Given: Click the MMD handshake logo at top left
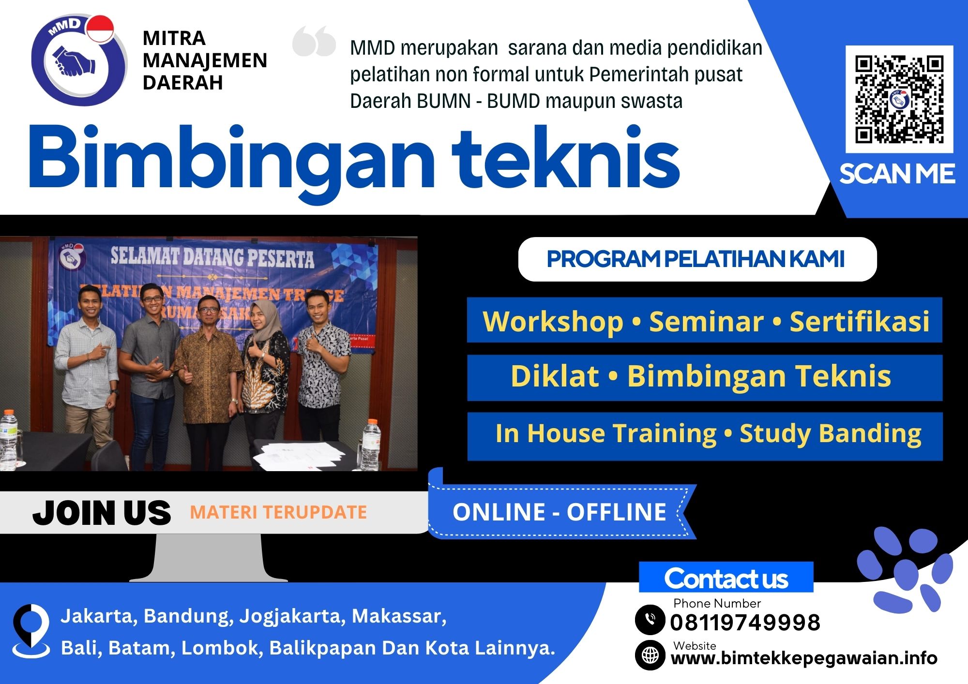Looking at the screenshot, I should [77, 60].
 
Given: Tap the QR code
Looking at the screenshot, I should [899, 99].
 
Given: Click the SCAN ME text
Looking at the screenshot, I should [897, 174].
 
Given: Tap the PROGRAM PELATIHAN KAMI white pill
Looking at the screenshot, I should [696, 259].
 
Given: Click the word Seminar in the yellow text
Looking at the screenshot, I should [706, 321].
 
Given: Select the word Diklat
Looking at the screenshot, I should [555, 376].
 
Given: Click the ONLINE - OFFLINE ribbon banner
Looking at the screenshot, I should [559, 512].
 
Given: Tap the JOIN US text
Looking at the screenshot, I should [102, 513].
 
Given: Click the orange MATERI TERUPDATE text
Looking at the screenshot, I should [278, 512].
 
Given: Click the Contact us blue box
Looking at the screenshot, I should [726, 578].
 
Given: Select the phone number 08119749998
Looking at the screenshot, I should [745, 622].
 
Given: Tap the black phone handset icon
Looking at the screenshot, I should [650, 619].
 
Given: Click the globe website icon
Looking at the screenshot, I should [650, 655].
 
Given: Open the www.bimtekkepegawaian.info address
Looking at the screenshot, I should [803, 658].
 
